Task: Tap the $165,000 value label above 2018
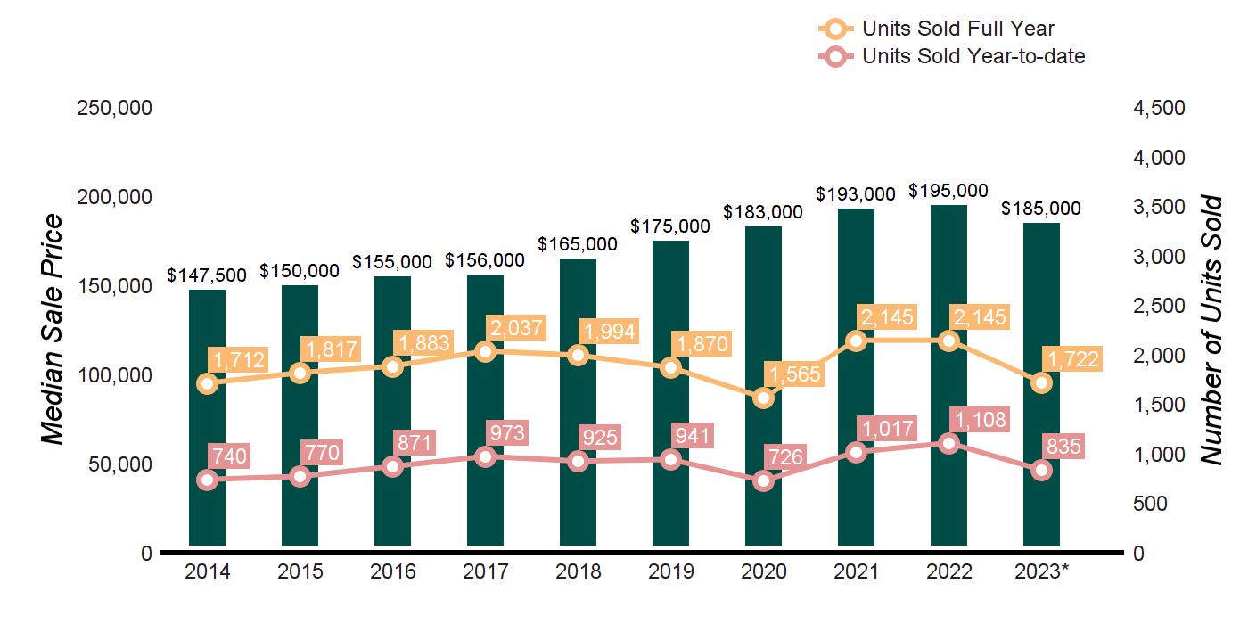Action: (x=578, y=244)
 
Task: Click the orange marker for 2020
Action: (x=763, y=398)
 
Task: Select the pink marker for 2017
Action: (x=485, y=456)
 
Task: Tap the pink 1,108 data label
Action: (x=978, y=419)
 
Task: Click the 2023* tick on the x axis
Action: (x=1043, y=571)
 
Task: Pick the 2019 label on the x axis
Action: (x=670, y=571)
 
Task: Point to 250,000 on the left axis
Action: (x=115, y=108)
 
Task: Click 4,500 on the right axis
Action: (x=1160, y=108)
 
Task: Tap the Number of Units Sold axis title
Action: (x=1210, y=330)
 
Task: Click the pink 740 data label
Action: (x=229, y=456)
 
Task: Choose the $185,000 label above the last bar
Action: (x=1041, y=209)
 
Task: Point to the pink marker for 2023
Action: (x=1041, y=470)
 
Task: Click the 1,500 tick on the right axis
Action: (x=1160, y=405)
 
